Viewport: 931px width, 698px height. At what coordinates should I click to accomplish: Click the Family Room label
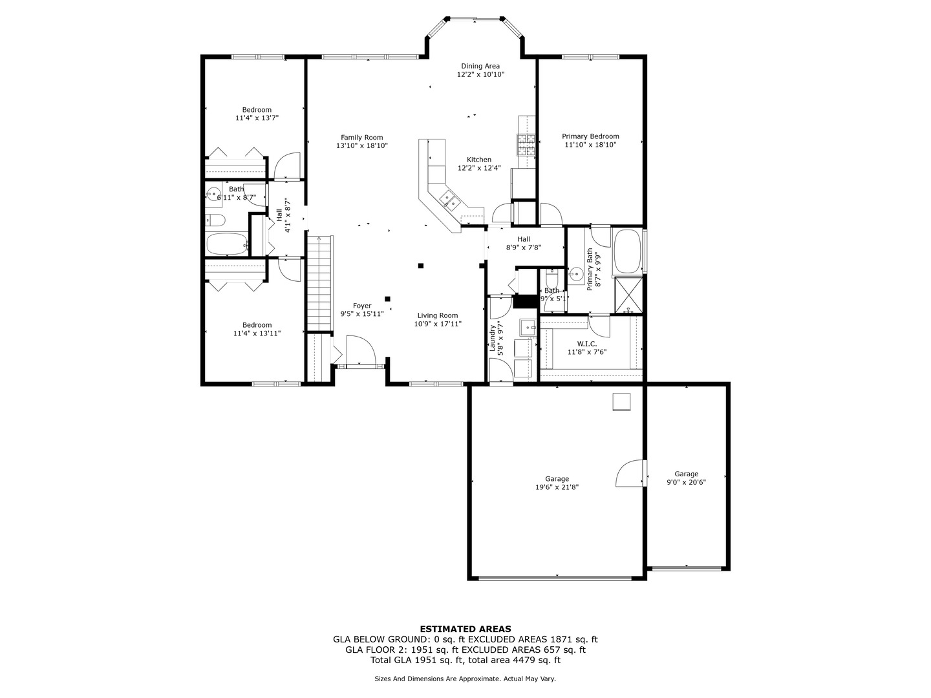(x=361, y=137)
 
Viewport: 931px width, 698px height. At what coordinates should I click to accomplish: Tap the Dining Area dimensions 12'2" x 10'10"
(x=480, y=74)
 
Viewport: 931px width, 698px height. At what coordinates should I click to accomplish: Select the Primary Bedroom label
(x=590, y=136)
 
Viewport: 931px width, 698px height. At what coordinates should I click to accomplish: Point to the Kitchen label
(x=479, y=160)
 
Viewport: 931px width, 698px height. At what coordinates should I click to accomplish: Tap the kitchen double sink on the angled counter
(x=449, y=200)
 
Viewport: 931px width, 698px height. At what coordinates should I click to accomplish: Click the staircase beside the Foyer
(x=319, y=282)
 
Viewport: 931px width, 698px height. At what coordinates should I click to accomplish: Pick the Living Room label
(x=438, y=315)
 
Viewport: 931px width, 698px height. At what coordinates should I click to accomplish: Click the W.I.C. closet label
(x=586, y=344)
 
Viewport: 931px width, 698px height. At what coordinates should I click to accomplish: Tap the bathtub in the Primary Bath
(x=626, y=251)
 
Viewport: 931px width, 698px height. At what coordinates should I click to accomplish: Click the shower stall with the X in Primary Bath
(x=628, y=295)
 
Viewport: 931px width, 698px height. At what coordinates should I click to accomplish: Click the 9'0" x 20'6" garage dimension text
(x=686, y=482)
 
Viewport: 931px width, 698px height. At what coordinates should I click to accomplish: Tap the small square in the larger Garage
(x=621, y=401)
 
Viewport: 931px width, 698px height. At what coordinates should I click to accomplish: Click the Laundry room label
(x=493, y=338)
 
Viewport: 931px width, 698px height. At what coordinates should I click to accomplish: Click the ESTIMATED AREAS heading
(x=465, y=629)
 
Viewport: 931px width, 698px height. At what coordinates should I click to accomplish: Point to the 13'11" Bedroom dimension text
(x=257, y=333)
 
